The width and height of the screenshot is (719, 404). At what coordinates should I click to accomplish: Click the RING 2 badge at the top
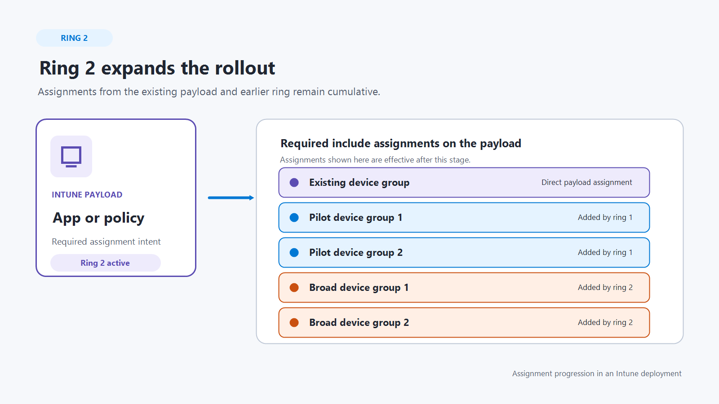click(x=74, y=38)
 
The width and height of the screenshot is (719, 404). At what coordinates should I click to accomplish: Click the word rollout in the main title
click(x=245, y=68)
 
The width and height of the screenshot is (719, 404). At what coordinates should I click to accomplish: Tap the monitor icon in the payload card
click(x=71, y=157)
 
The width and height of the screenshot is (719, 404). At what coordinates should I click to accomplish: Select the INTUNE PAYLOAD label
click(x=87, y=195)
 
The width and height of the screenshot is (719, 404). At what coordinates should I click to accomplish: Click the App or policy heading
click(x=98, y=218)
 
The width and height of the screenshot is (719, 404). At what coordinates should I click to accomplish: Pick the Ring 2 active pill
click(x=105, y=263)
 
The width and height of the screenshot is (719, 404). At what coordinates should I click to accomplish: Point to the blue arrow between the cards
click(x=231, y=198)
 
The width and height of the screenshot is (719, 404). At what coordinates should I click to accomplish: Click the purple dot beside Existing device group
click(x=294, y=182)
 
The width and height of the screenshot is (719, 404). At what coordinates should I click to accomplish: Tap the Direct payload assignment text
click(x=586, y=182)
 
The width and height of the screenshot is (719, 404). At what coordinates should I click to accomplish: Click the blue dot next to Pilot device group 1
click(x=294, y=217)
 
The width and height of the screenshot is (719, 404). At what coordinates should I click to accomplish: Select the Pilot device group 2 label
click(x=355, y=253)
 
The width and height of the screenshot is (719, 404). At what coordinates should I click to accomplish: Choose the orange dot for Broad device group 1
click(x=294, y=288)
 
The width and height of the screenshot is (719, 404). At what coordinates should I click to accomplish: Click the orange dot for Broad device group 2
click(x=294, y=323)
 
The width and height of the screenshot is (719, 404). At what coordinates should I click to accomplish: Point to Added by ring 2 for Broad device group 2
click(x=605, y=323)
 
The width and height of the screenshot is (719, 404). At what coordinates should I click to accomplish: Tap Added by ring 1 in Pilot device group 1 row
click(x=605, y=217)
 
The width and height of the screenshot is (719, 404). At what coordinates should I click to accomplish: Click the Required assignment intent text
click(x=106, y=242)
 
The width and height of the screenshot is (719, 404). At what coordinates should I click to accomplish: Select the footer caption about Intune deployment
click(x=597, y=374)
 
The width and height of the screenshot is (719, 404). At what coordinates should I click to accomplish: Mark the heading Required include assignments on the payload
click(x=400, y=144)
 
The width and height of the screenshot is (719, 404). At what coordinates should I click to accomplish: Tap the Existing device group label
click(x=359, y=183)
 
